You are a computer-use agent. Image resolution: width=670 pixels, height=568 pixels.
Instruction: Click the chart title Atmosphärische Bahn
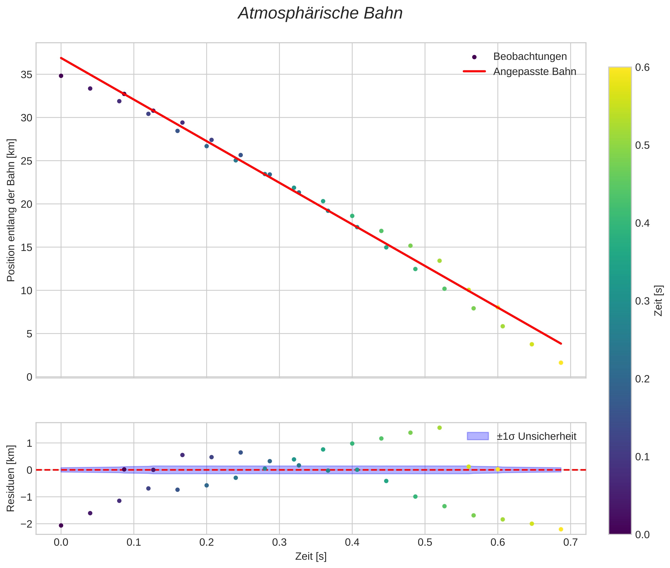(320, 13)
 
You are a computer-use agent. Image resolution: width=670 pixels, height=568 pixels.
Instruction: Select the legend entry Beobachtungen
(530, 57)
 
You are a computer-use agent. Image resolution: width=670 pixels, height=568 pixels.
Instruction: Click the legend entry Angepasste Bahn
(534, 72)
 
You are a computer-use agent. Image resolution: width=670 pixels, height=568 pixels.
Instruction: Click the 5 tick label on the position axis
(29, 334)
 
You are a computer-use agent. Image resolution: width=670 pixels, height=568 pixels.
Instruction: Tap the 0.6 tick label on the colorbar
(642, 67)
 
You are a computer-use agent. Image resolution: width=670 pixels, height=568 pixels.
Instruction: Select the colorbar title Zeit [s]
(659, 300)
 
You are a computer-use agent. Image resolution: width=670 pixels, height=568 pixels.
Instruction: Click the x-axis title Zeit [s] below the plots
(311, 556)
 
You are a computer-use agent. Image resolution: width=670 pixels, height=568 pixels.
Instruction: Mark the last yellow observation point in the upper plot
(561, 363)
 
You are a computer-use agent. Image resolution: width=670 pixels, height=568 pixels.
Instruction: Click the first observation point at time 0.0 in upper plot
(61, 76)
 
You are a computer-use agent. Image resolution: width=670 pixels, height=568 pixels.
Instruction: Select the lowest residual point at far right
(561, 529)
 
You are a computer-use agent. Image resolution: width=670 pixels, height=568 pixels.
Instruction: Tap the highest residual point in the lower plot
(439, 428)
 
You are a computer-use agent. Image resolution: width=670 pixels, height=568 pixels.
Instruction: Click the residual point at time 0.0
(61, 526)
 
